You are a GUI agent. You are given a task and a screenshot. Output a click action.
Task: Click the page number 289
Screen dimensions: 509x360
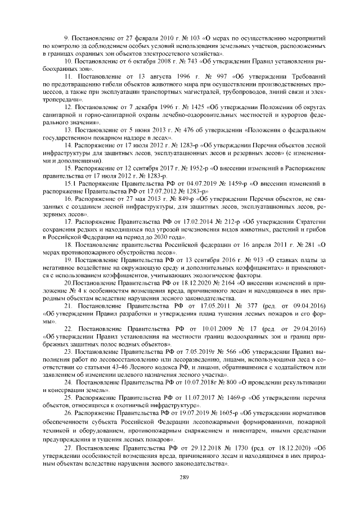click(x=180, y=478)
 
